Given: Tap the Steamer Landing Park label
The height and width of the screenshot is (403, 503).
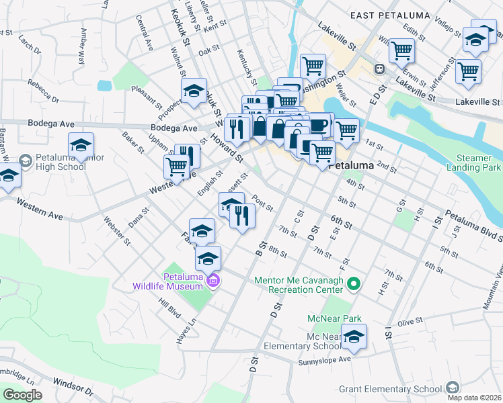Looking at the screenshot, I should tap(473, 161).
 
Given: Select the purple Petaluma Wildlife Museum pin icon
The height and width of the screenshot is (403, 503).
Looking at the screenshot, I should tap(213, 280).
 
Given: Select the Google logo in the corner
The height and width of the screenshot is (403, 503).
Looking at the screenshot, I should tap(22, 395).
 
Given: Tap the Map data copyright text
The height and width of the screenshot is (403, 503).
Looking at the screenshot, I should tap(473, 398).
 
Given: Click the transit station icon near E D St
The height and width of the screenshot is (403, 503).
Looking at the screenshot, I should tap(379, 69).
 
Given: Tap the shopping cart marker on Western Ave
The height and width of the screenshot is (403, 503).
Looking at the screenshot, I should tap(177, 166).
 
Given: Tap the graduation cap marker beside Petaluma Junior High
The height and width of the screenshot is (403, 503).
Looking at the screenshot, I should tap(81, 145).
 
